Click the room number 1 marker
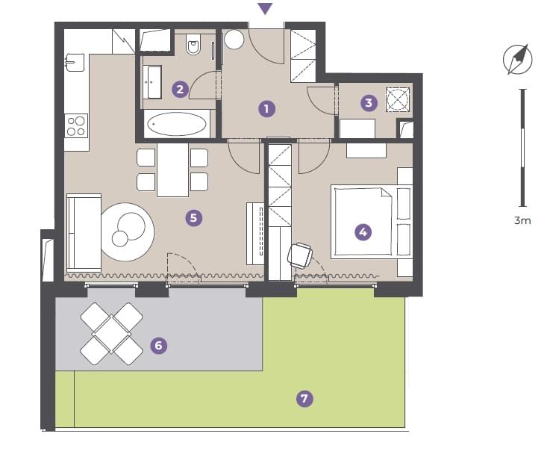click(x=266, y=109)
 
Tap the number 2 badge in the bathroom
click(x=180, y=89)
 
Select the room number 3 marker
click(x=369, y=103)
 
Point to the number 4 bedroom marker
click(x=363, y=232)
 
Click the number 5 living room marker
click(x=193, y=218)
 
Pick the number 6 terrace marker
click(x=158, y=346)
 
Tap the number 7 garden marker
click(x=304, y=399)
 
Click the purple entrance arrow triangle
click(x=265, y=9)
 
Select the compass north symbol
click(x=518, y=59)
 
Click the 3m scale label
click(x=522, y=220)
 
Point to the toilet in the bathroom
click(x=193, y=44)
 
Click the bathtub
click(x=177, y=124)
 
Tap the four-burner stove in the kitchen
click(x=76, y=126)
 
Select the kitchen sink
click(x=75, y=63)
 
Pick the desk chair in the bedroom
click(x=300, y=255)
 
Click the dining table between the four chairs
click(x=172, y=170)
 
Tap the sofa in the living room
click(x=84, y=233)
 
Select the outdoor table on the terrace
click(x=111, y=334)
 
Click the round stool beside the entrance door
click(x=234, y=40)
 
